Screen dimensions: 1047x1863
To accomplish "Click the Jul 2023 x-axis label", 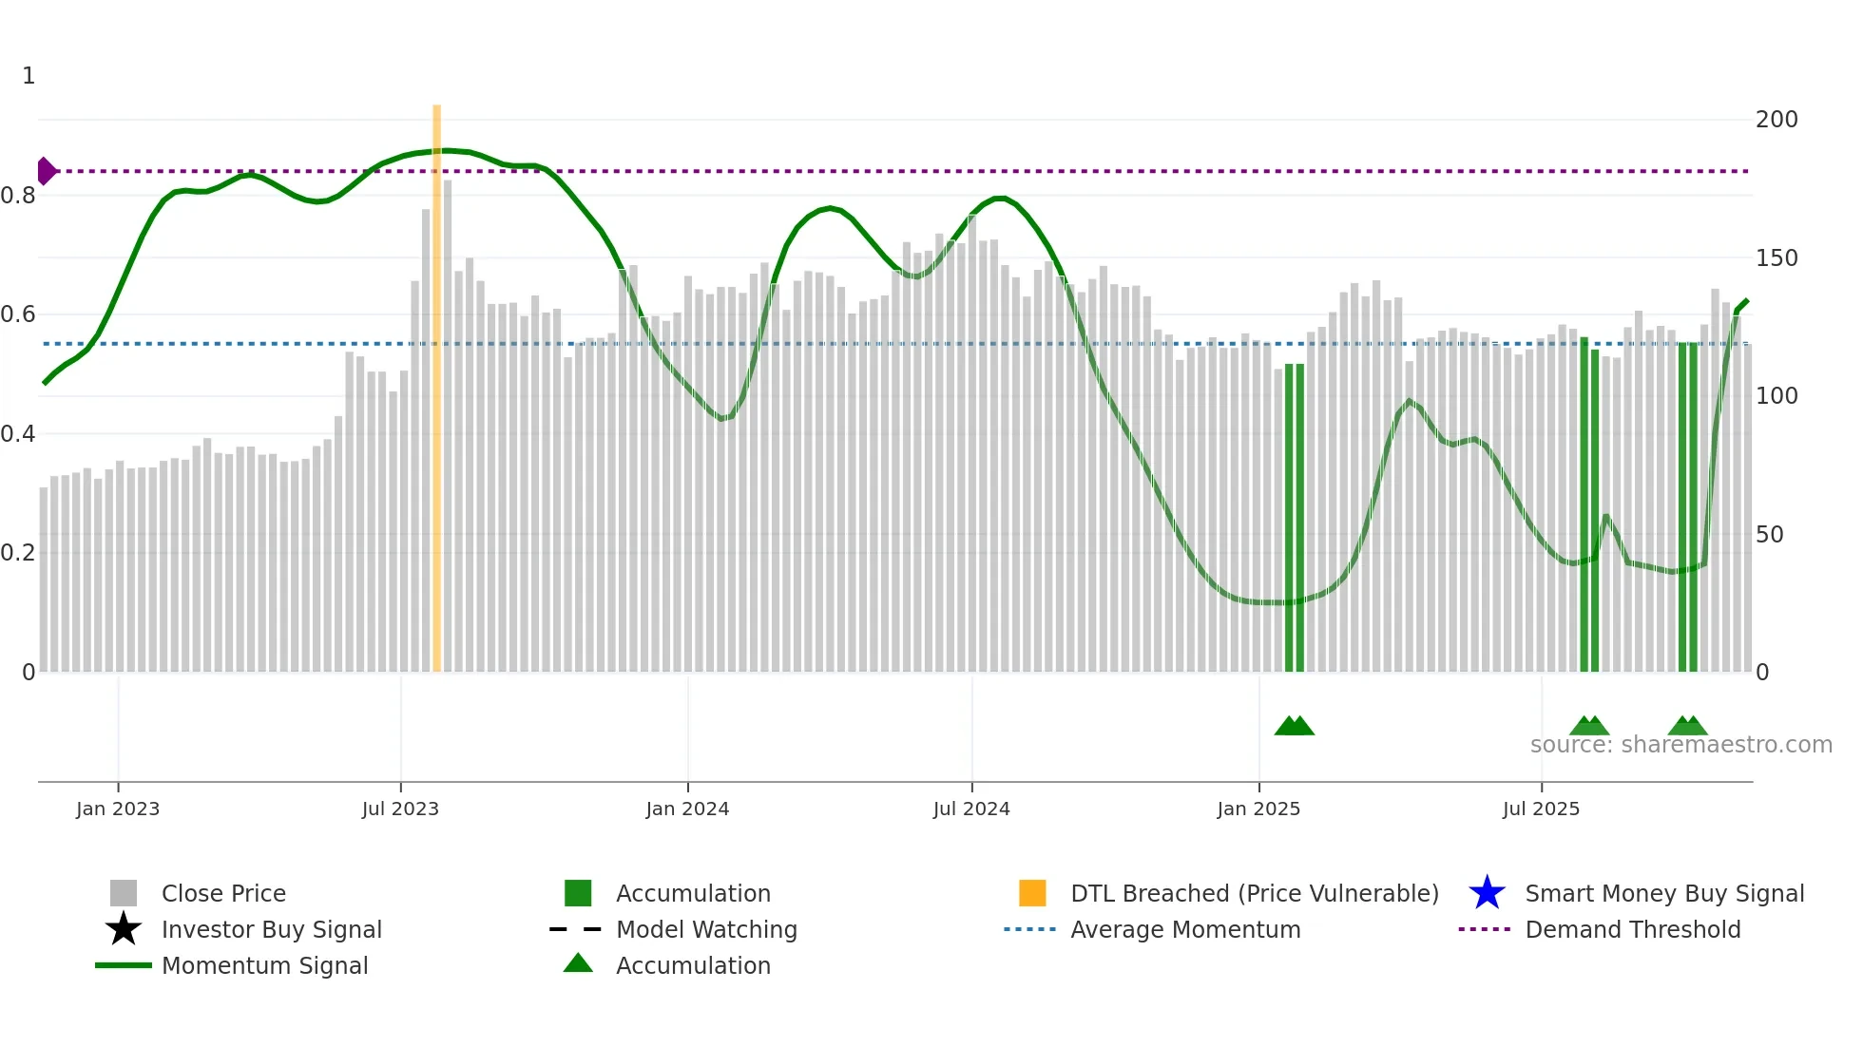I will click(x=400, y=809).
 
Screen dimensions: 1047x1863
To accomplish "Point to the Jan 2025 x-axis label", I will click(x=1258, y=809).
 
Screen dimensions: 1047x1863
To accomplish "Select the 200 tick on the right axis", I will click(x=1776, y=120).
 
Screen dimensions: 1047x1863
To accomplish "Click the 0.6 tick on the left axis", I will click(x=18, y=314).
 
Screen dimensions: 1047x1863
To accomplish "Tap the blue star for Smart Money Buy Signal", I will click(x=1487, y=893).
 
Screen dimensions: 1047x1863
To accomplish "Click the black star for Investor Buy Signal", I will click(x=124, y=929).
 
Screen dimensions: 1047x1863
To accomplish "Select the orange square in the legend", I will click(x=1032, y=893).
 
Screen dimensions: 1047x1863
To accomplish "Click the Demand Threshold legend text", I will click(x=1632, y=929).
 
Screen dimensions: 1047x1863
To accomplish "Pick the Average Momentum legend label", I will click(x=1184, y=929).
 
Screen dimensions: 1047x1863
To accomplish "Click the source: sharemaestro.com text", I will click(x=1681, y=745).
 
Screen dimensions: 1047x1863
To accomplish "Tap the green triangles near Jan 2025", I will click(x=1294, y=726).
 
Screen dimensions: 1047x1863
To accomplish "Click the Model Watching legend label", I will click(x=706, y=929).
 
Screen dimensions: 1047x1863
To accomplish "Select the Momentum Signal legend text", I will click(x=264, y=965).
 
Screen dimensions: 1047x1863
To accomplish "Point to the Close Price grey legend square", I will click(x=124, y=893).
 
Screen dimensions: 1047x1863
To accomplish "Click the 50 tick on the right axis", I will click(x=1769, y=535).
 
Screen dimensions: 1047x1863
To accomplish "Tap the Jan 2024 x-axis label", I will click(x=687, y=809).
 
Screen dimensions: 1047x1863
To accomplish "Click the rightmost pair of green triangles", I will click(x=1687, y=726).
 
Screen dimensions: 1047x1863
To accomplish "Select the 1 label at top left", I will click(x=29, y=76).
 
